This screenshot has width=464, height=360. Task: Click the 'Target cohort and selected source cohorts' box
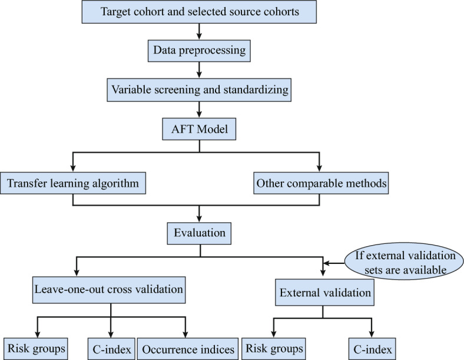coord(199,12)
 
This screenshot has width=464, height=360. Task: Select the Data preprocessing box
coord(199,51)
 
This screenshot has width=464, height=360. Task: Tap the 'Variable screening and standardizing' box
coord(199,90)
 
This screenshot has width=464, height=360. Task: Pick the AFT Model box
coord(199,129)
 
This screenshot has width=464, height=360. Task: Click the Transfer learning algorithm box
coord(73,183)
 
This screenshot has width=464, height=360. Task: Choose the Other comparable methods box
coord(321,183)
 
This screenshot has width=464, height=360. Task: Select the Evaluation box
coord(199,233)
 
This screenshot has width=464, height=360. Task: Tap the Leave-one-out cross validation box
coord(109,290)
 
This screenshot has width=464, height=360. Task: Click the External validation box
coord(324,292)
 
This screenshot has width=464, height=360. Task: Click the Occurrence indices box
coord(188,349)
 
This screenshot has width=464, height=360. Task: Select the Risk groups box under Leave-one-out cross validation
coord(36,349)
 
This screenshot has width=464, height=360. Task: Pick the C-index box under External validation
coord(372,349)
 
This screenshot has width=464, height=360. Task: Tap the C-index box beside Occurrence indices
coord(111,349)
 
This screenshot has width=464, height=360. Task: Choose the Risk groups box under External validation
coord(274,349)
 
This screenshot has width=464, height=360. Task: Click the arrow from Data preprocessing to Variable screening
coord(199,70)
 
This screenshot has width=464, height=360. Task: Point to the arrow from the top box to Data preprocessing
coord(199,31)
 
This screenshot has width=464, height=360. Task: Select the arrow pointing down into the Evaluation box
coord(199,214)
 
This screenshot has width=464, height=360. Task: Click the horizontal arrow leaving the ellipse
coord(334,263)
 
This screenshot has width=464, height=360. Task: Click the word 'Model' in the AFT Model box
coord(213,129)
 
